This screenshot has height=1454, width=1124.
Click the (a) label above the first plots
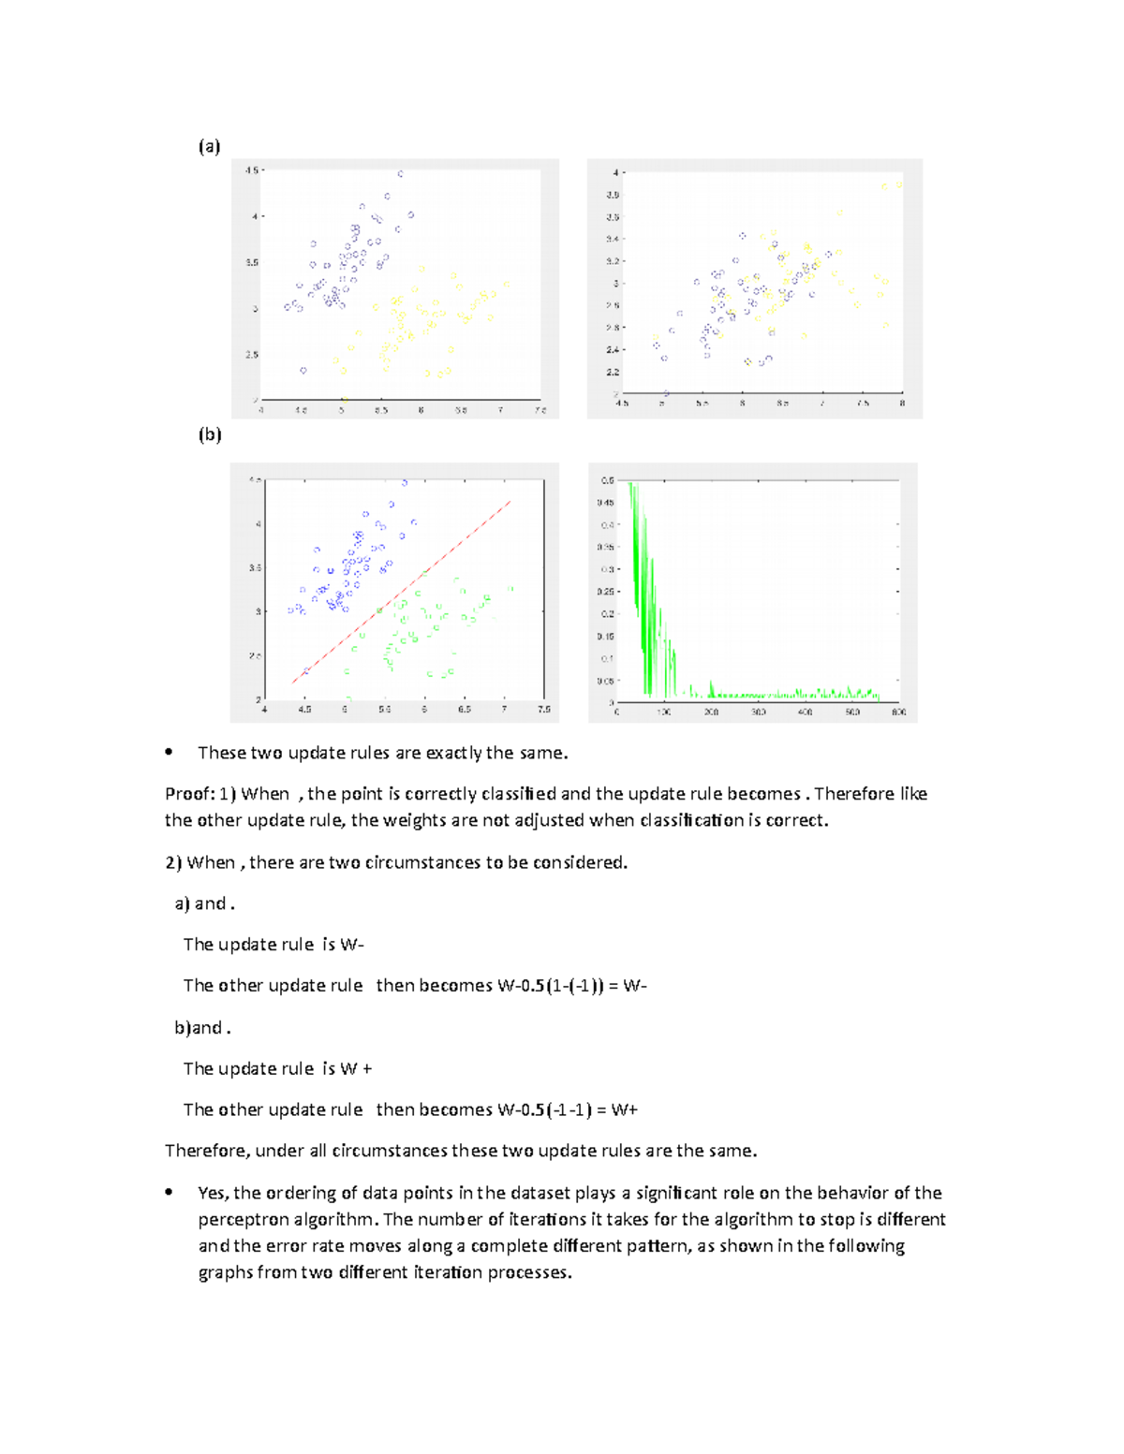[x=209, y=146]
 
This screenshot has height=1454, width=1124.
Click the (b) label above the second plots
[x=209, y=434]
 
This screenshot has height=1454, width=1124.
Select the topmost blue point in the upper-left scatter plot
[x=401, y=174]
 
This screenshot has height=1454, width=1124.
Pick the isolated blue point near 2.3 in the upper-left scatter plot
[x=303, y=371]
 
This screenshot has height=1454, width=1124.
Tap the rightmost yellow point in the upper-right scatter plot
[x=898, y=185]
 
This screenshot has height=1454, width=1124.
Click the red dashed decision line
[x=403, y=591]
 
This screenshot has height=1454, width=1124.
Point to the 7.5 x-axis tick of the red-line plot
[x=543, y=710]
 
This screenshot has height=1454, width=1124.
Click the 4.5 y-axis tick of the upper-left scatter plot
[x=251, y=170]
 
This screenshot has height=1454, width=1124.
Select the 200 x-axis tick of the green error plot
[x=711, y=712]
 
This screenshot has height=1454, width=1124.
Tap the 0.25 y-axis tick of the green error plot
[x=606, y=592]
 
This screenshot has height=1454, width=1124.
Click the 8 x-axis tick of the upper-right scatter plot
[x=902, y=404]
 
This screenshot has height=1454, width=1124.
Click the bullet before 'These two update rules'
[x=169, y=752]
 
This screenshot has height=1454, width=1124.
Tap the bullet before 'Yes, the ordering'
[x=169, y=1192]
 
